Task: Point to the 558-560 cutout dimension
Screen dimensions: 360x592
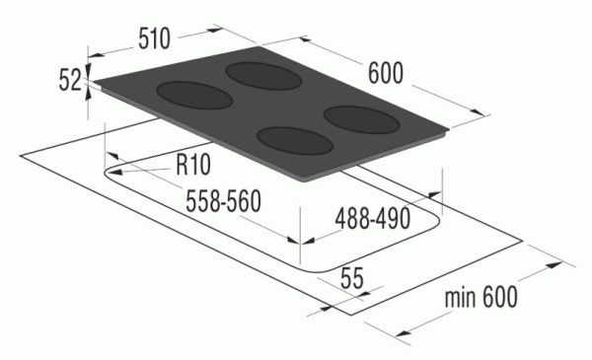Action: click(x=222, y=200)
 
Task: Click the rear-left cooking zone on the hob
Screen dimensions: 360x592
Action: click(x=259, y=73)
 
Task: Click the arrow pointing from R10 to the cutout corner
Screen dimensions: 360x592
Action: click(x=138, y=170)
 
